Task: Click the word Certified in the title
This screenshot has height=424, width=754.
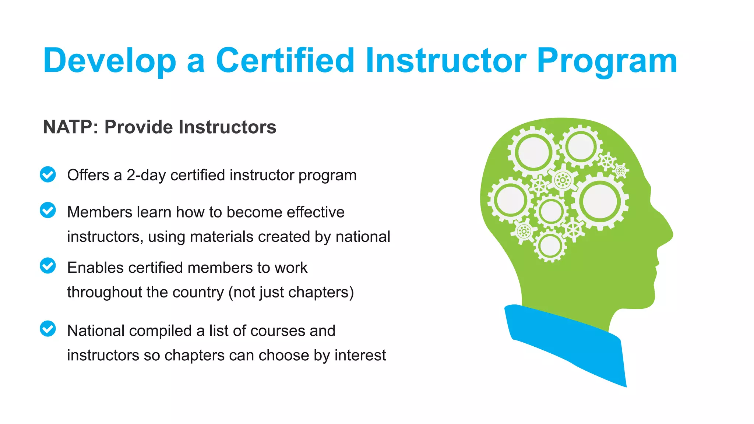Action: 285,61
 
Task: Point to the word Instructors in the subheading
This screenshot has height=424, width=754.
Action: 227,127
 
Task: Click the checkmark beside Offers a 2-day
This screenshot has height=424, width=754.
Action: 48,174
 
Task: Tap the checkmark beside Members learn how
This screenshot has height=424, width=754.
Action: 48,210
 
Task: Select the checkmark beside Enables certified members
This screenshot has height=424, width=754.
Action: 48,266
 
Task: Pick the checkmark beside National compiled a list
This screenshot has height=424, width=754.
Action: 48,329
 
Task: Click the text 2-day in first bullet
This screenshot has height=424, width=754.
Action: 146,176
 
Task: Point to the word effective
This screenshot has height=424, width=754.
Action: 316,212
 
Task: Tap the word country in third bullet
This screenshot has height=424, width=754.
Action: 198,292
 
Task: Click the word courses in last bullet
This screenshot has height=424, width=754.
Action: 277,331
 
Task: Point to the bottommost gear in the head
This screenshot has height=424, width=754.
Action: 550,246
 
